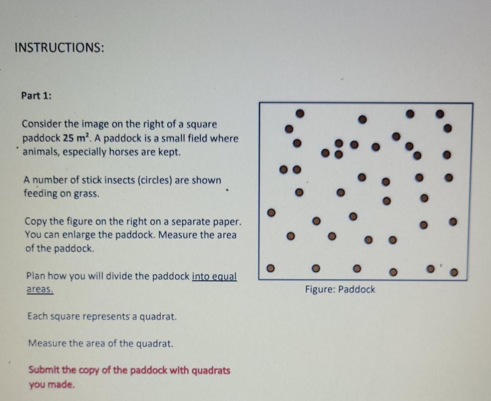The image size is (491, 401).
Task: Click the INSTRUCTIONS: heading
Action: (59, 48)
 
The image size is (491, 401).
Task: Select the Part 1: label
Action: (36, 96)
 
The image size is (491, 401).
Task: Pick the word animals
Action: (40, 152)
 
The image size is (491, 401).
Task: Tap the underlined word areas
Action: (40, 289)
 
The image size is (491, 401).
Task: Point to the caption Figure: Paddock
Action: (340, 289)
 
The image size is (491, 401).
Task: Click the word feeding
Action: (40, 194)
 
